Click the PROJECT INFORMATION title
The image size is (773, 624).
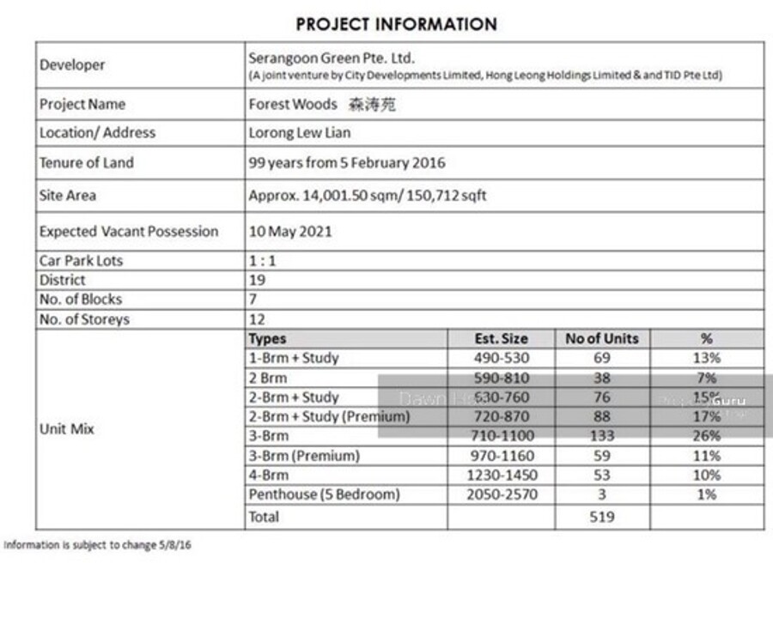(x=396, y=24)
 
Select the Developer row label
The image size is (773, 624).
(x=72, y=65)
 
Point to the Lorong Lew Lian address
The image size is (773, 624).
(x=300, y=133)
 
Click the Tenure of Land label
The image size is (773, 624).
(x=86, y=163)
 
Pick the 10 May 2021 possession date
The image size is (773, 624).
(x=290, y=232)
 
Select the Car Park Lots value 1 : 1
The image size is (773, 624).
(x=262, y=261)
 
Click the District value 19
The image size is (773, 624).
(x=257, y=280)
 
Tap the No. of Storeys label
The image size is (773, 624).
(x=84, y=319)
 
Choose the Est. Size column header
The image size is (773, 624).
(x=501, y=339)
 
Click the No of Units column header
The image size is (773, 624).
(x=602, y=339)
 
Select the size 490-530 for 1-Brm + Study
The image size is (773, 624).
(x=501, y=359)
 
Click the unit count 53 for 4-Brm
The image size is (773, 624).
(x=602, y=476)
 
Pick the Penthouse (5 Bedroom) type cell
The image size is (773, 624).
(x=324, y=495)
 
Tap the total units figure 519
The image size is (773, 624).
(x=602, y=517)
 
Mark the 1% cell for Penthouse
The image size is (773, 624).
(x=706, y=495)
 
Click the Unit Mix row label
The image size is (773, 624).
(x=67, y=429)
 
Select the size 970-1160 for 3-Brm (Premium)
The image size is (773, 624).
(x=501, y=456)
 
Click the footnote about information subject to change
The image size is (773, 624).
(x=97, y=545)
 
